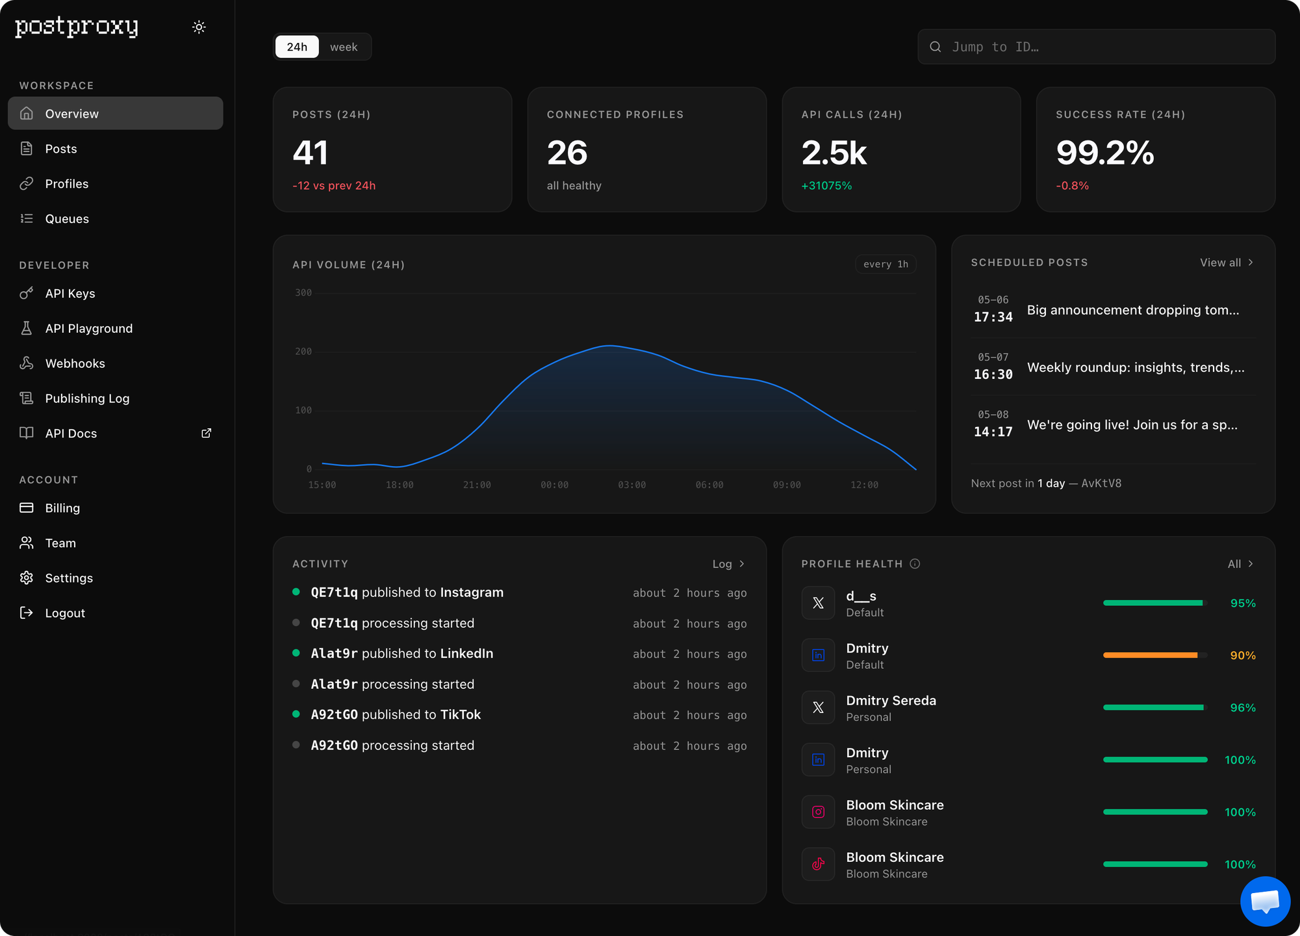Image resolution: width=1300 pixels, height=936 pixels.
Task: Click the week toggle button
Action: point(344,47)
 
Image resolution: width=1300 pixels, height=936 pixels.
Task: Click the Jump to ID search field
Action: point(1096,47)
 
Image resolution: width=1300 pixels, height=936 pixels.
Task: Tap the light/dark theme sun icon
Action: point(199,27)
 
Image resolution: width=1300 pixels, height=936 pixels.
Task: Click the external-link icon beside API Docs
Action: point(207,433)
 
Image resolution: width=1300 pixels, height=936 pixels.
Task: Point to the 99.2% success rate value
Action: point(1105,153)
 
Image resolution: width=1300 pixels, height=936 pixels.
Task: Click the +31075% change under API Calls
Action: point(826,186)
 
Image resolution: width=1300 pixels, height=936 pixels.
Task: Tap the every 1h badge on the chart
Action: point(886,264)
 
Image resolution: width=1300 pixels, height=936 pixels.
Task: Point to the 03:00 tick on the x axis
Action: point(631,485)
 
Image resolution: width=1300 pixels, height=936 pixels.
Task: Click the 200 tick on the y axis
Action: point(303,352)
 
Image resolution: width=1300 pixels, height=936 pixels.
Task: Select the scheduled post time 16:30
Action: point(993,374)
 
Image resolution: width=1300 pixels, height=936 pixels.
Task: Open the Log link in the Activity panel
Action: point(728,564)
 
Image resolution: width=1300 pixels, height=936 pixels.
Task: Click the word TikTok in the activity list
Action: point(461,714)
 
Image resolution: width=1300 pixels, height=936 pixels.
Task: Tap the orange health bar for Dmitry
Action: point(1150,655)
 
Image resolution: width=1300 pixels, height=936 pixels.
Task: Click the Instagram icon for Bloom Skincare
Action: point(818,812)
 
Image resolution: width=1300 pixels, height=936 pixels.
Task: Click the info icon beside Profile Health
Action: point(915,564)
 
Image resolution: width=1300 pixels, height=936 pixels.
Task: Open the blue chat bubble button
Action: point(1265,901)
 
